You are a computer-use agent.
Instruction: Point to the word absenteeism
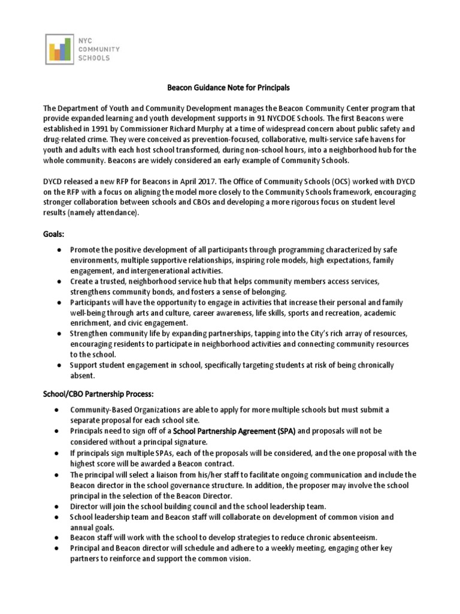[329, 537]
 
